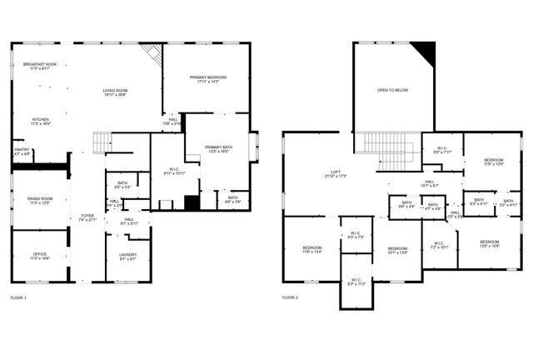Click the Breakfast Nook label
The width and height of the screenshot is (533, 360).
[40, 66]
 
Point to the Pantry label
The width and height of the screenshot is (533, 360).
[22, 152]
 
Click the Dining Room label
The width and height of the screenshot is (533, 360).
[39, 201]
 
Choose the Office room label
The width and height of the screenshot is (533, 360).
[39, 257]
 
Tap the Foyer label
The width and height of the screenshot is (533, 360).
[87, 217]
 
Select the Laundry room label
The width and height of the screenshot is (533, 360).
[127, 257]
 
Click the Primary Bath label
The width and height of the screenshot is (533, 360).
[218, 151]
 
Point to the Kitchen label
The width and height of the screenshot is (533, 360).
[40, 122]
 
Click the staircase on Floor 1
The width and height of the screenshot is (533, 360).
[101, 142]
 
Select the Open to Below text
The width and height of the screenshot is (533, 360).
[392, 90]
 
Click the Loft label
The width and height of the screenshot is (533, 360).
[335, 175]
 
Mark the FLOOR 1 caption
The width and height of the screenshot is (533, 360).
[18, 297]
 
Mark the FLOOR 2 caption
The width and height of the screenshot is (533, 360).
[290, 297]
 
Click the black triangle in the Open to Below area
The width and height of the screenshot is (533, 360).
[426, 52]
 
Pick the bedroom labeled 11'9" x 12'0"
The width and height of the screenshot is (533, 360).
[495, 162]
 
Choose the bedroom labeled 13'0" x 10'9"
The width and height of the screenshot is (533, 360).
[489, 244]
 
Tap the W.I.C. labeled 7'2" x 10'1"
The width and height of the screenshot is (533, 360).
[439, 246]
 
